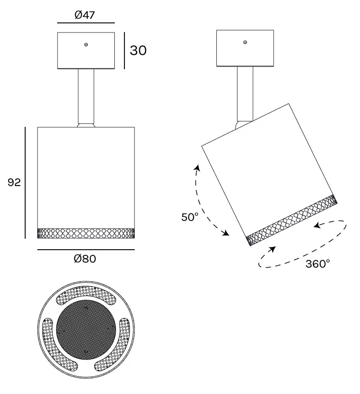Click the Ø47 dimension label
[x=85, y=15]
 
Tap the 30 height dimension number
[x=138, y=50]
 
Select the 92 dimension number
[x=14, y=182]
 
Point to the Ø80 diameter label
[x=85, y=258]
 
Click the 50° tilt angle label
[x=190, y=217]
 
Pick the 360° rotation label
[x=317, y=264]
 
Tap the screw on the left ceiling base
[x=86, y=45]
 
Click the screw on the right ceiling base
[x=245, y=42]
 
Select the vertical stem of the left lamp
[x=86, y=96]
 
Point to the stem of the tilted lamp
[x=245, y=94]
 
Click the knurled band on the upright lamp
[x=86, y=233]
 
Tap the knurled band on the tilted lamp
[x=291, y=220]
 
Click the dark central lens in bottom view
[x=86, y=329]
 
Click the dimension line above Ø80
[x=86, y=250]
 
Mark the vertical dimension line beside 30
[x=124, y=50]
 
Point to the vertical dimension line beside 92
[x=25, y=183]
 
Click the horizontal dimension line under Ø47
[x=86, y=23]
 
